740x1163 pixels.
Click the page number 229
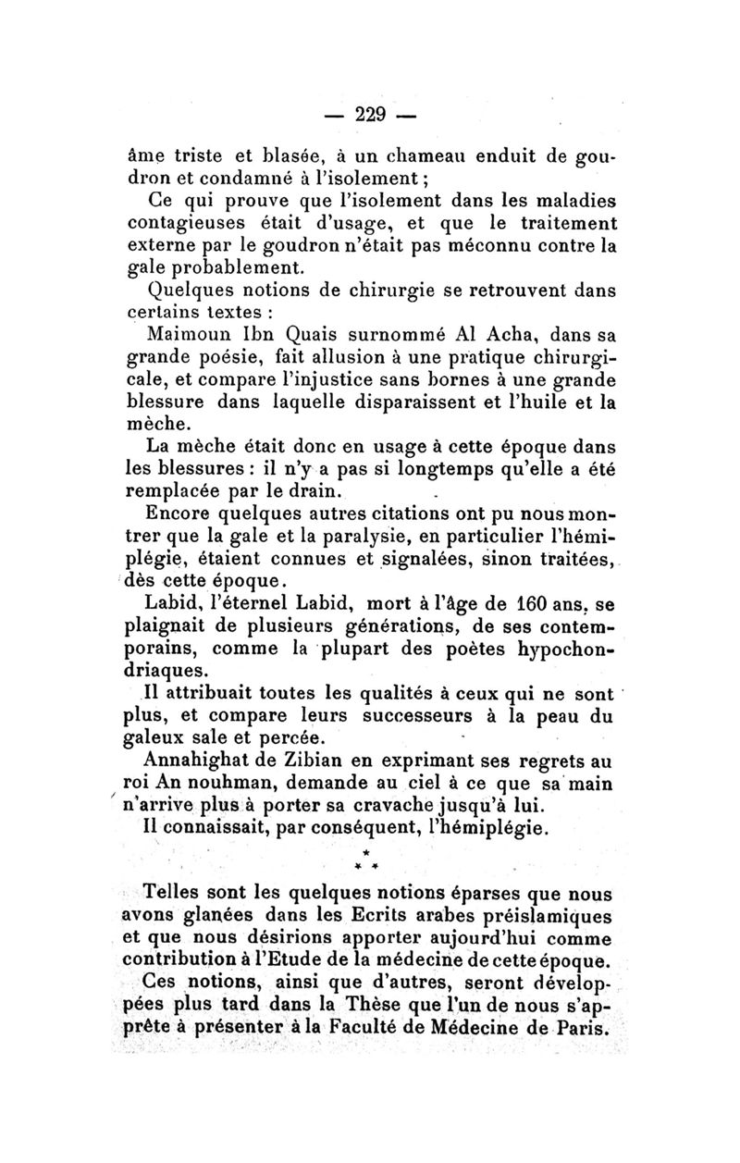pos(369,116)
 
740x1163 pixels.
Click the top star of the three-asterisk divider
pos(367,850)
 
